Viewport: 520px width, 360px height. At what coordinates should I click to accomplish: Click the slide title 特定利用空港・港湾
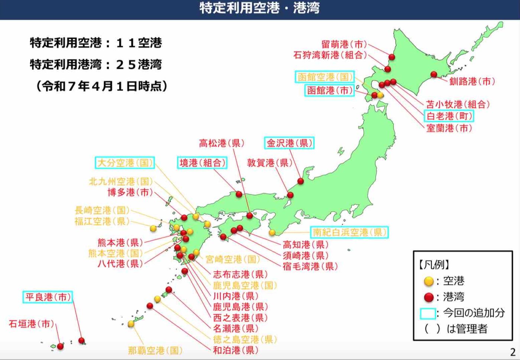pyautogui.click(x=259, y=8)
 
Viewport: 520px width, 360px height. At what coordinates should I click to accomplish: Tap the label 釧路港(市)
pyautogui.click(x=472, y=81)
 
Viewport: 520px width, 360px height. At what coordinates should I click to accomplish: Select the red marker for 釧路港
pyautogui.click(x=433, y=74)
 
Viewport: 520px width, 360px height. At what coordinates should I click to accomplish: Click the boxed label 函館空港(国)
pyautogui.click(x=325, y=77)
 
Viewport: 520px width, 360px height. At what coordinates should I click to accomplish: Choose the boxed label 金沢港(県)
pyautogui.click(x=289, y=143)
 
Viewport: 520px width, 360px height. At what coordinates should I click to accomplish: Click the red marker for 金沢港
pyautogui.click(x=300, y=181)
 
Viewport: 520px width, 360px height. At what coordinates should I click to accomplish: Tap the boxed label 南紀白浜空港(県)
pyautogui.click(x=350, y=232)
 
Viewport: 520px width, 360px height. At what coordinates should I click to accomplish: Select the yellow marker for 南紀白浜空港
pyautogui.click(x=272, y=233)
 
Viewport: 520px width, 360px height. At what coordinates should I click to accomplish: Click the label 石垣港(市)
pyautogui.click(x=32, y=324)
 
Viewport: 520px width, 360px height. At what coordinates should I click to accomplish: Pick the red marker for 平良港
pyautogui.click(x=82, y=340)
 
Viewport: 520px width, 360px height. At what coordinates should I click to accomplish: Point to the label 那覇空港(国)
pyautogui.click(x=155, y=350)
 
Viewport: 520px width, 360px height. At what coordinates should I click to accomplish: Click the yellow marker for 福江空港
pyautogui.click(x=153, y=228)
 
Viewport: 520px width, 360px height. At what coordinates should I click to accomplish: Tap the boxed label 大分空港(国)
pyautogui.click(x=124, y=163)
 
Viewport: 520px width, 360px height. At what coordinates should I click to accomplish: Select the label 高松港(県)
pyautogui.click(x=222, y=143)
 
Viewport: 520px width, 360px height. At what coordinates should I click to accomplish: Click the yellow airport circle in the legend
pyautogui.click(x=429, y=281)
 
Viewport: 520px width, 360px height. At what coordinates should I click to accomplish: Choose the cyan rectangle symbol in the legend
pyautogui.click(x=428, y=313)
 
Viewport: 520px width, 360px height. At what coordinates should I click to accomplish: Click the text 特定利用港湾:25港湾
pyautogui.click(x=96, y=64)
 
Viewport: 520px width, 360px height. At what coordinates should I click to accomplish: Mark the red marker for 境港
pyautogui.click(x=239, y=194)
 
